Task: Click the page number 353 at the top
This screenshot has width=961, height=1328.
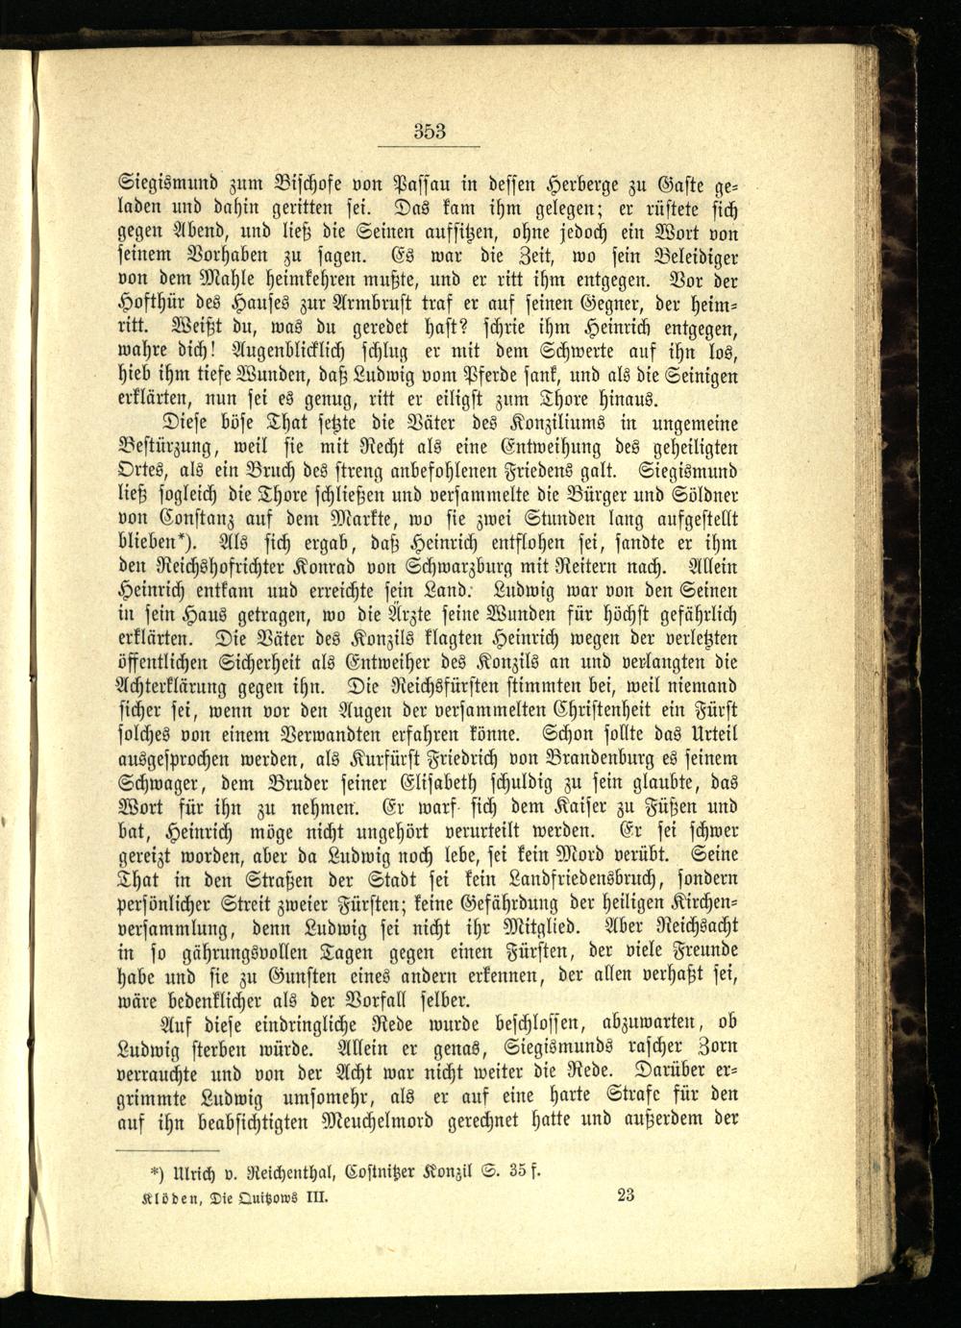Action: [x=430, y=132]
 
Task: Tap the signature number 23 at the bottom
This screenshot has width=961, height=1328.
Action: [x=628, y=1195]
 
